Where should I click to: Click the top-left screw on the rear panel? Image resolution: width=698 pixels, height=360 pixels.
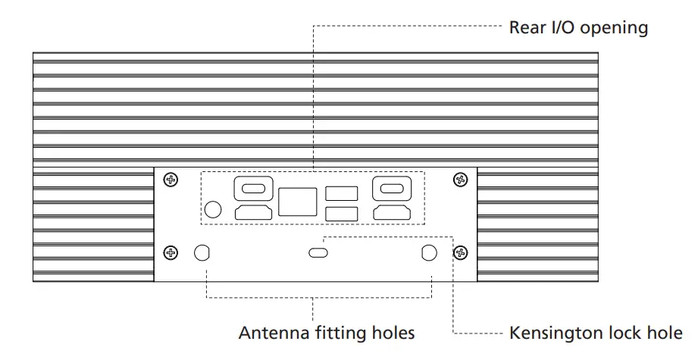tap(172, 180)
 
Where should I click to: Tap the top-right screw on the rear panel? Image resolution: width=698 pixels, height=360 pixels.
tap(459, 180)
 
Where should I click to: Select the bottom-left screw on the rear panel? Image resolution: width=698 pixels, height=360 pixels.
tap(172, 252)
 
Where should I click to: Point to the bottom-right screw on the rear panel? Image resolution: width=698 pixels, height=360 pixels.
tap(459, 252)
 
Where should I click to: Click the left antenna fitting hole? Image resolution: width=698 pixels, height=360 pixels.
tap(202, 253)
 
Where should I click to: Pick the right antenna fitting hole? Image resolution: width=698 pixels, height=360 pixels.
tap(429, 253)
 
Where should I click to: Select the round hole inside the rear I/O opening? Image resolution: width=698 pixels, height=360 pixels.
tap(214, 209)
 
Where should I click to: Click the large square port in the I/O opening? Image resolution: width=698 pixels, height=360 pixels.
tap(297, 202)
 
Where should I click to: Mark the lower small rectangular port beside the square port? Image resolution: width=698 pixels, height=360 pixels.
tap(341, 213)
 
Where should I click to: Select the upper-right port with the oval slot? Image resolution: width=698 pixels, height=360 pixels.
tap(391, 189)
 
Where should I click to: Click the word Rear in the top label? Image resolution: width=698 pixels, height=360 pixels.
tap(526, 28)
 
